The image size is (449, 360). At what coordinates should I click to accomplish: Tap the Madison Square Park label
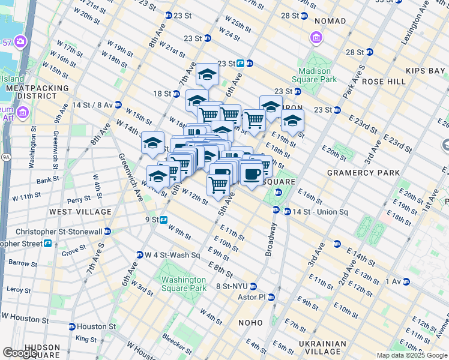click(314, 74)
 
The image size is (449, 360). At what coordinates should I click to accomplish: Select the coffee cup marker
click(252, 175)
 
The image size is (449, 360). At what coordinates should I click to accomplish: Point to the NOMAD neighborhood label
click(330, 21)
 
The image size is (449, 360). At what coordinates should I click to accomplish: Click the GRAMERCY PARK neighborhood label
click(363, 173)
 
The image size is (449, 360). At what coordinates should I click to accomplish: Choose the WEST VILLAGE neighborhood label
click(80, 212)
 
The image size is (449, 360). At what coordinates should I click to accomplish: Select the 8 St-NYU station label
click(232, 286)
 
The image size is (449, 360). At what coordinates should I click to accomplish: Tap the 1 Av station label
click(393, 281)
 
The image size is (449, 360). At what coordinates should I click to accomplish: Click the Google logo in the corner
click(20, 353)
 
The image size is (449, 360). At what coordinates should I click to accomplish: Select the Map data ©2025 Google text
click(411, 355)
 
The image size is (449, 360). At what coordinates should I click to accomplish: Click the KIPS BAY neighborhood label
click(425, 71)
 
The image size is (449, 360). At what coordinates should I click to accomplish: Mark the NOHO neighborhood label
click(250, 323)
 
